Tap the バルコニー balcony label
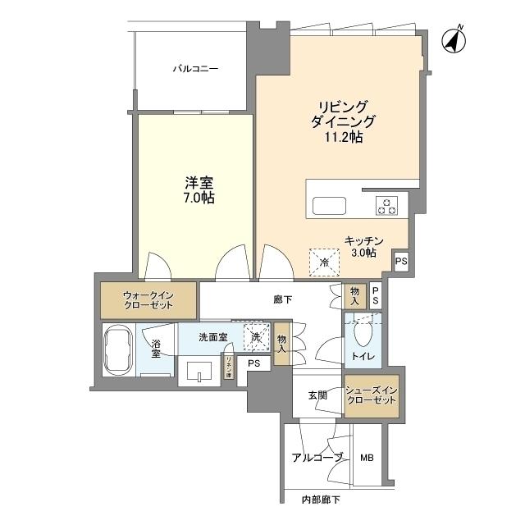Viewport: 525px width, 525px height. (x=194, y=70)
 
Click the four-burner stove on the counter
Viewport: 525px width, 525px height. (x=386, y=205)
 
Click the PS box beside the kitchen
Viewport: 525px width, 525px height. (x=400, y=262)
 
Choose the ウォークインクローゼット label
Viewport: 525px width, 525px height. (x=148, y=299)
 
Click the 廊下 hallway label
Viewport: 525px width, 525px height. (x=283, y=299)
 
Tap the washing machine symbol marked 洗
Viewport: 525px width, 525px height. (x=254, y=336)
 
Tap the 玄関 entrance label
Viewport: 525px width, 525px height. (x=317, y=395)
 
